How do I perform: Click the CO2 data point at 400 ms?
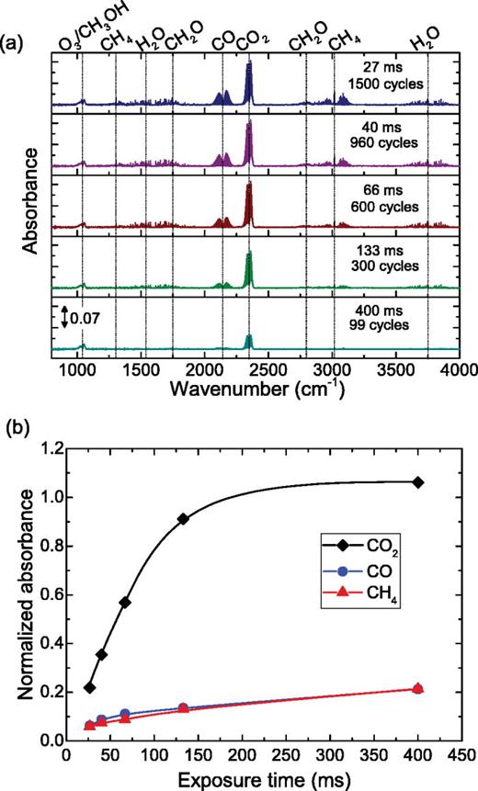coord(419,482)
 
